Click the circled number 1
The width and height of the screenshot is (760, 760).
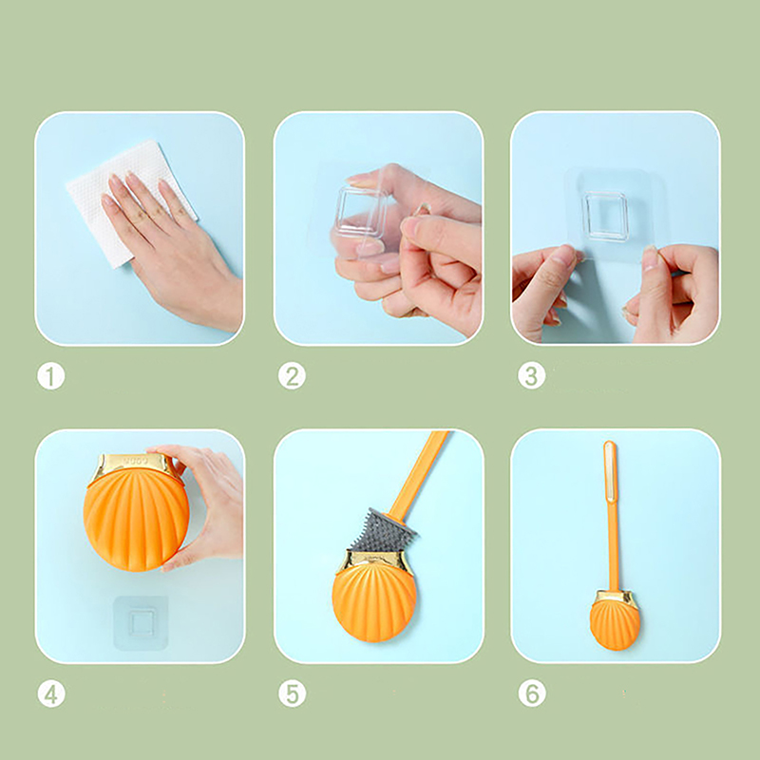coord(51,376)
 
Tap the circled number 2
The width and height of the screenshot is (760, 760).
coord(292,376)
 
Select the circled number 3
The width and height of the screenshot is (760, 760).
coord(532,376)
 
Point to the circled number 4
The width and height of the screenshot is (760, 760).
coord(51,694)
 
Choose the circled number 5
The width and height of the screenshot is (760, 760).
coord(292,694)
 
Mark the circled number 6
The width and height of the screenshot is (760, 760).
coord(532,694)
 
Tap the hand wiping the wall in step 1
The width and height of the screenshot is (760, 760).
coord(170,242)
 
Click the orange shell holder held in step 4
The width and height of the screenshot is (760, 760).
coord(136,519)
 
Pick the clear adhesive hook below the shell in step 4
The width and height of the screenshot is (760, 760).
coord(141,623)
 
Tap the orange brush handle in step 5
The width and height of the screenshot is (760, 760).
coord(417,475)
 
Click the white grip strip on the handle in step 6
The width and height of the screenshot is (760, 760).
coord(610,471)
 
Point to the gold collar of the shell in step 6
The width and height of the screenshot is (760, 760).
coord(615,598)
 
